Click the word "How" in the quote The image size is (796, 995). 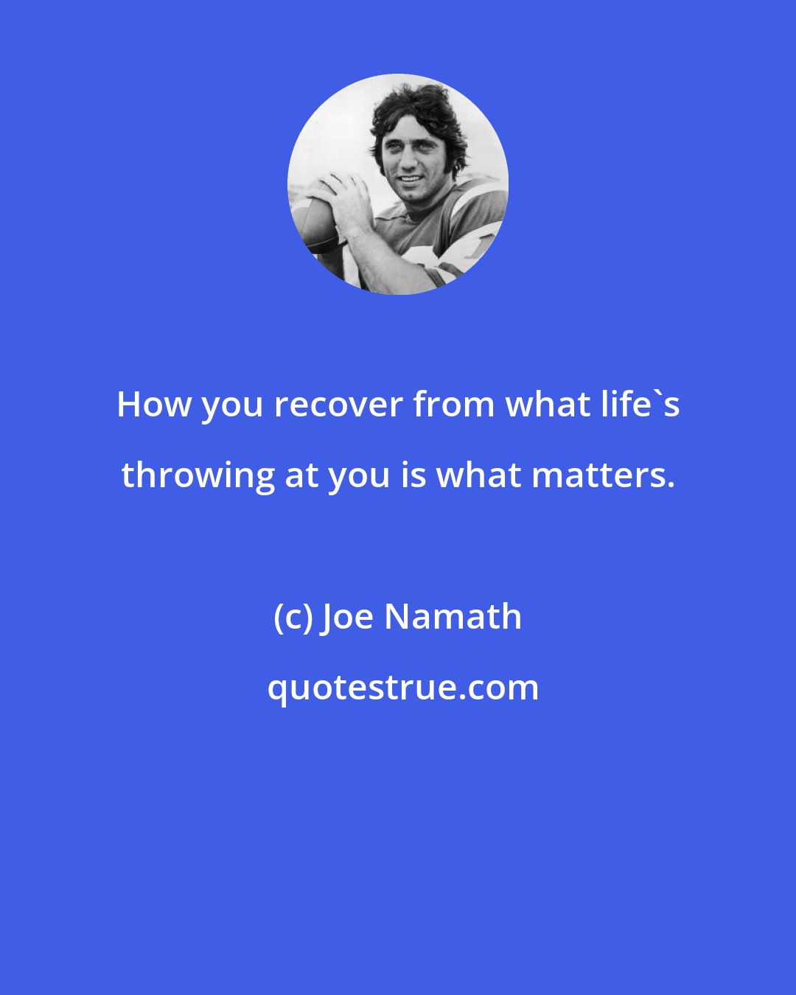154,405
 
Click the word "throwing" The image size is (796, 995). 198,477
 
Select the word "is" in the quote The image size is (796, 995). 413,476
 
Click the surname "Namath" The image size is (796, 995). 453,617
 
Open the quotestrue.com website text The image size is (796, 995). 403,689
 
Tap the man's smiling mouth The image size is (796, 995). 411,178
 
